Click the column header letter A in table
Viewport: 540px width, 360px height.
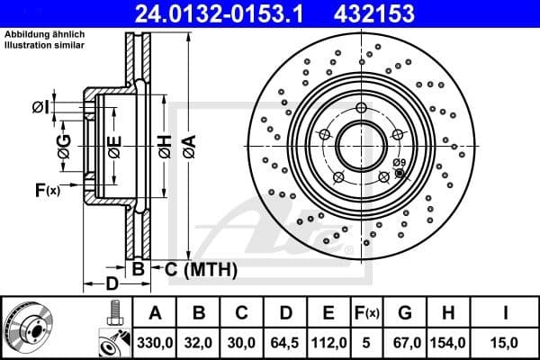156,313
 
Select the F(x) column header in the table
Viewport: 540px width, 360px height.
369,313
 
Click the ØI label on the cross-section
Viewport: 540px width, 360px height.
40,108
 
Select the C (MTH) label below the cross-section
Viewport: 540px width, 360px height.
200,269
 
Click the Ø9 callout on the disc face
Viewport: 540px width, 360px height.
399,162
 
